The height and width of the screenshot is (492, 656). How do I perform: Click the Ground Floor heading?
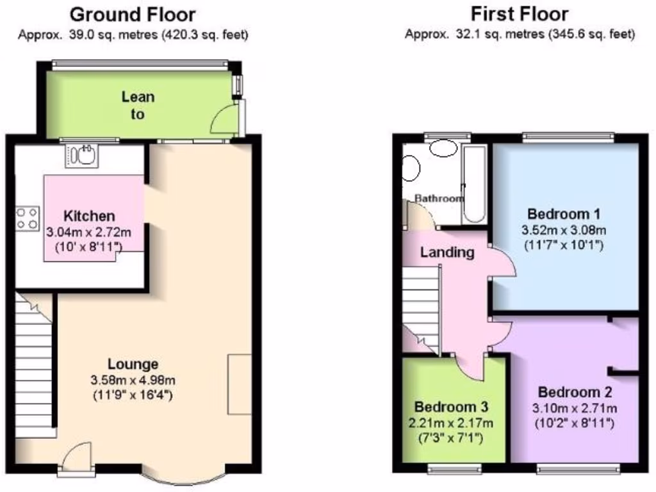[x=132, y=14]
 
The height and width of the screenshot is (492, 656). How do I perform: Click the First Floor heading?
[x=520, y=13]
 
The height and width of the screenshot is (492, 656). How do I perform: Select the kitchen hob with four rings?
[x=27, y=218]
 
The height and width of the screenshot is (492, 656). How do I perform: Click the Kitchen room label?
[x=89, y=216]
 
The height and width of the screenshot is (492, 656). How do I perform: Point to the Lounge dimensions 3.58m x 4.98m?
[x=133, y=380]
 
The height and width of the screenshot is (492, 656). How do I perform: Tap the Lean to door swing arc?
[x=224, y=119]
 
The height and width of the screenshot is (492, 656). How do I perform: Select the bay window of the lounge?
[x=183, y=477]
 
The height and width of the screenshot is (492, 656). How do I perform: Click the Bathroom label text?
[x=439, y=199]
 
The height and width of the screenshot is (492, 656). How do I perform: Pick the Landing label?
[x=447, y=252]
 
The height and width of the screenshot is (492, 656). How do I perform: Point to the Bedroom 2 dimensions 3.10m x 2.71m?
[x=575, y=408]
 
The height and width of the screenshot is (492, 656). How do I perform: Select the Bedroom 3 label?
[x=452, y=407]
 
